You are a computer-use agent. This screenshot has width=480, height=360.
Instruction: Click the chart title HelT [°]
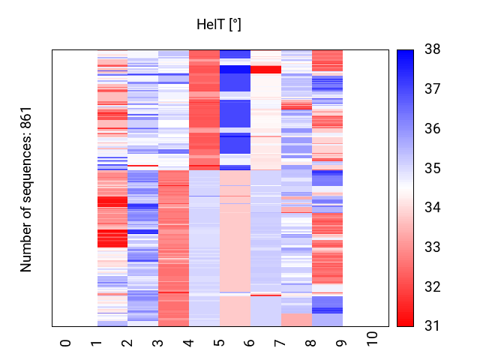[x=218, y=25]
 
